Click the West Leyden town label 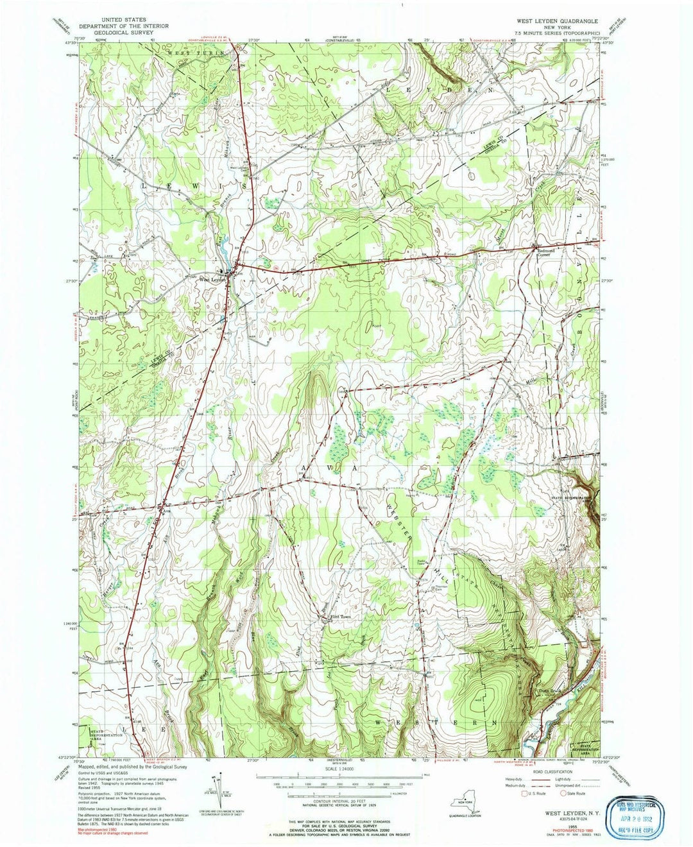point(212,279)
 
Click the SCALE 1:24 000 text point(347,769)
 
